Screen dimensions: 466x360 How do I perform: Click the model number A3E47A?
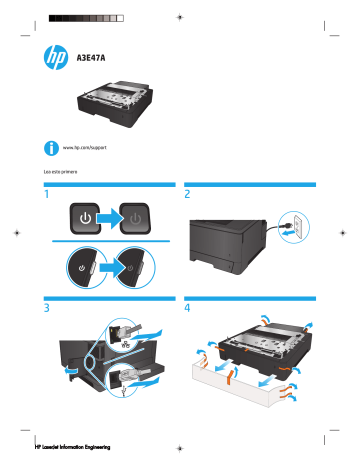click(92, 57)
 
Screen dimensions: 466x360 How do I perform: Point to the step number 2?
click(188, 195)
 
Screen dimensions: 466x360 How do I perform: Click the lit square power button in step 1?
click(86, 219)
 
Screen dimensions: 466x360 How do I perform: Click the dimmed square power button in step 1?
click(133, 219)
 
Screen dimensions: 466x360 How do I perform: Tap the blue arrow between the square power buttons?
click(109, 219)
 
